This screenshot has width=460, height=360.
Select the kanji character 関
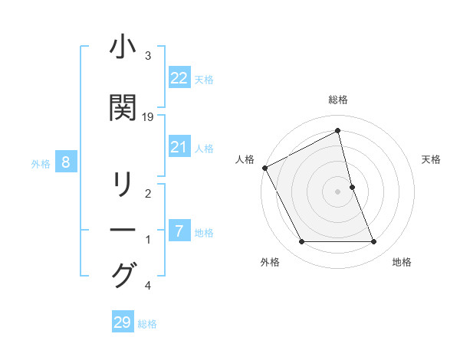pos(123,107)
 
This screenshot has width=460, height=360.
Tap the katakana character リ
pos(123,185)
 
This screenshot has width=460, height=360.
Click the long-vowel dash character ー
pos(123,230)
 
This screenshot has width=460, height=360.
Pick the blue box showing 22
pos(179,77)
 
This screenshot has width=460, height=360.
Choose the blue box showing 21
pos(179,147)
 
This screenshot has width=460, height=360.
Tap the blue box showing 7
pos(179,231)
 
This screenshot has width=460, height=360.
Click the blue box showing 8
pos(66,162)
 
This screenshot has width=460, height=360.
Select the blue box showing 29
pos(122,322)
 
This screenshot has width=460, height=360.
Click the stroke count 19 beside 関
pos(148,116)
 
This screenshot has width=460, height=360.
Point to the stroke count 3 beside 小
pos(148,56)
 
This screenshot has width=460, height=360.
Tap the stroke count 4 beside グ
pos(148,286)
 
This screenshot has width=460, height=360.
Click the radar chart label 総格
pos(338,100)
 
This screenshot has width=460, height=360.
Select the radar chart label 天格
pos(432,159)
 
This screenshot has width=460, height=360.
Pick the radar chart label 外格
pos(270,262)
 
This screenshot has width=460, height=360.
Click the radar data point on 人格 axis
pos(264,168)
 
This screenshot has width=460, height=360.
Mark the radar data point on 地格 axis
pos(374,242)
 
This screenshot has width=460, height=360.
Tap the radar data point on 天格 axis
pos(352,187)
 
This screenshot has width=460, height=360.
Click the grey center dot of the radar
pos(338,191)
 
